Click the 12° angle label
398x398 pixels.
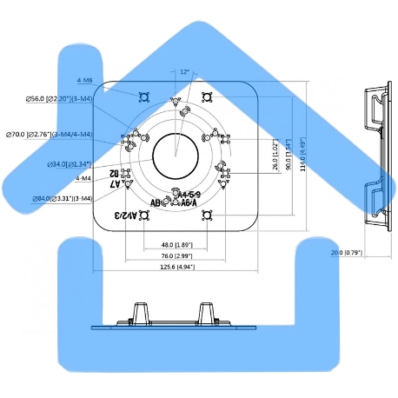click(183, 72)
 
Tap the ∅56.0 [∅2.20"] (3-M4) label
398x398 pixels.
click(60, 99)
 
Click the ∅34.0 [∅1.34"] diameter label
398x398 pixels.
click(70, 163)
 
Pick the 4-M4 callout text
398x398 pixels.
click(83, 178)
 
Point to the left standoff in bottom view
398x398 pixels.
click(138, 314)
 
